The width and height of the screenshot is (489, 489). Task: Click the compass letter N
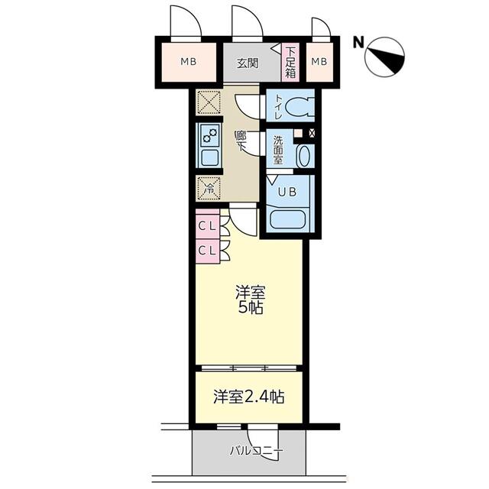point(358,43)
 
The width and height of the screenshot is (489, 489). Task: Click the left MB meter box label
point(188,62)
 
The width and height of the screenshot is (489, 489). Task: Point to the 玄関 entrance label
point(246,63)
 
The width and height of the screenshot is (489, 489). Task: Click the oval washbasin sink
point(303,156)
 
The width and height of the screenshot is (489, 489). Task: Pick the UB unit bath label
point(287,193)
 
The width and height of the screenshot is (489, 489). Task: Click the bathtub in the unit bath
point(290,215)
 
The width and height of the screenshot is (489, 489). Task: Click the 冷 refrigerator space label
point(207,185)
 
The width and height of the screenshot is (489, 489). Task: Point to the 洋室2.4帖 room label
point(249,397)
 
